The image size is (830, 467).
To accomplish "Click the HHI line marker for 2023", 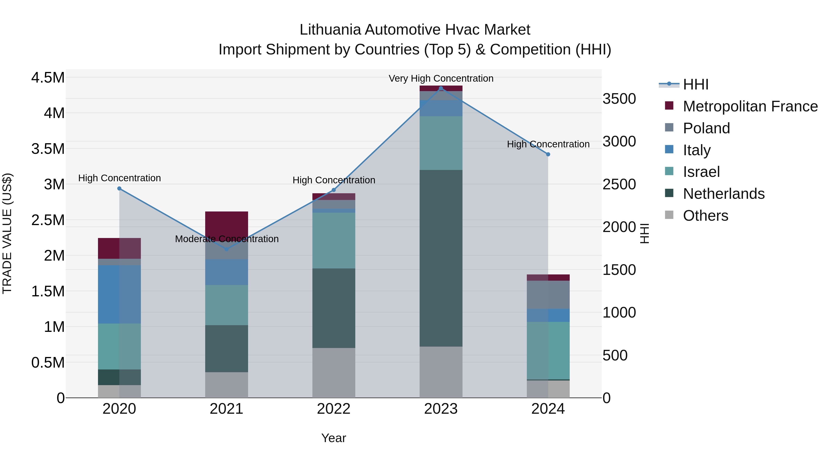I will click(x=441, y=88).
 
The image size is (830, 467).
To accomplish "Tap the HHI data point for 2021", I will click(x=226, y=249).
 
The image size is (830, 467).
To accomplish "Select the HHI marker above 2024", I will click(x=548, y=154).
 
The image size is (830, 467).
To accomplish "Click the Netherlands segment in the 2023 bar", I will click(x=441, y=258).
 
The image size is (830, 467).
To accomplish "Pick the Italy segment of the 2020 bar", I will click(x=119, y=294).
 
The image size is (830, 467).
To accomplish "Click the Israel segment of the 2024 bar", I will click(x=548, y=350).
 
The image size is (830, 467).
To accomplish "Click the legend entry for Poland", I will click(x=706, y=128).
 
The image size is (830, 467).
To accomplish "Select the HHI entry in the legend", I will click(x=695, y=84).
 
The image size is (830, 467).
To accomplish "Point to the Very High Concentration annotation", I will click(x=441, y=78).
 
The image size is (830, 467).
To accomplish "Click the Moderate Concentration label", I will click(x=226, y=239).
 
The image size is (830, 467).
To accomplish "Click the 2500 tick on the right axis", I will click(x=619, y=184).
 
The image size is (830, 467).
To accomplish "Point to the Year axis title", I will click(x=333, y=438).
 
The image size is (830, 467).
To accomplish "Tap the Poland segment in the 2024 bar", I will click(x=548, y=294).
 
